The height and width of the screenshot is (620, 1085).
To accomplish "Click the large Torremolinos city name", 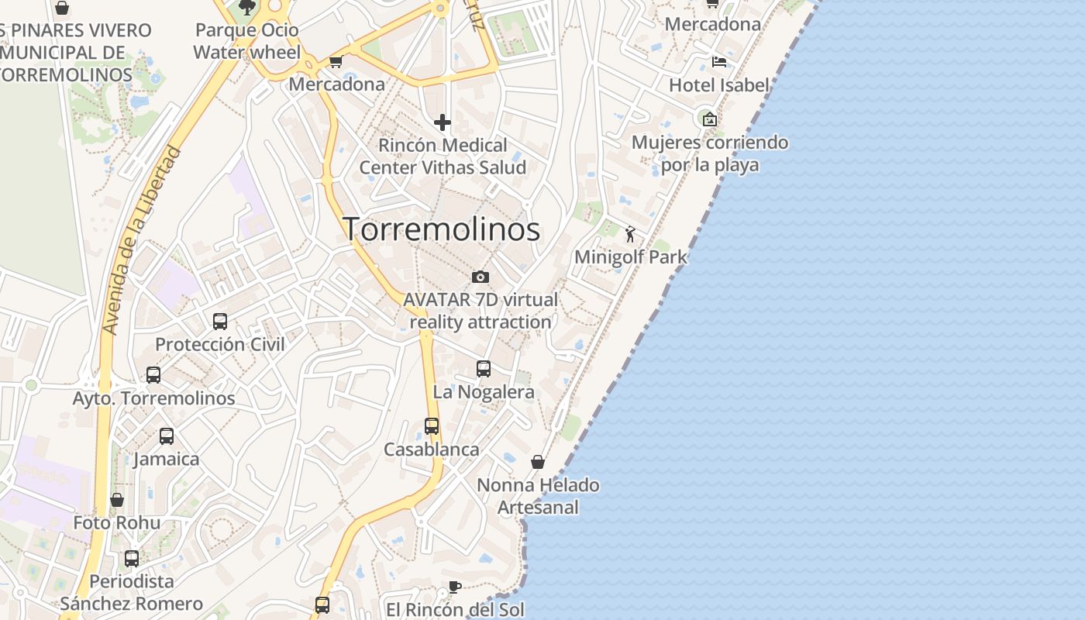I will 441,229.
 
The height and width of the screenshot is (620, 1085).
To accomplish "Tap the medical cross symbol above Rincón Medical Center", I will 443,122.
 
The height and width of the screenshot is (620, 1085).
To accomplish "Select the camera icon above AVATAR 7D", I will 480,277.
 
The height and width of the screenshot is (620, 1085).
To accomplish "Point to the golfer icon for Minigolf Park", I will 630,234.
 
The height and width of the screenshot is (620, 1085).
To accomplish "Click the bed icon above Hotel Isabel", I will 719,62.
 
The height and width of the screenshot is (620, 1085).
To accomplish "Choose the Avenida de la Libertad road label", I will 142,241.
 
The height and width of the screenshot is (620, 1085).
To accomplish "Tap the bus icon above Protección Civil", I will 220,321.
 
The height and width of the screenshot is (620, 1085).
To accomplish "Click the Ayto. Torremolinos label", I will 153,398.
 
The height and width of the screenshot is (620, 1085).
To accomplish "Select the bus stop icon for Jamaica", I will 167,436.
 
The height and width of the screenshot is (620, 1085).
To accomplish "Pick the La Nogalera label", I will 484,392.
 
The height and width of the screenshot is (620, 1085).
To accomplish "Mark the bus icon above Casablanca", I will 432,426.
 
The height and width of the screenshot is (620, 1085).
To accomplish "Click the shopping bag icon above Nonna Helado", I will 538,463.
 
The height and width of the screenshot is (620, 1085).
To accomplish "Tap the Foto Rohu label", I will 117,523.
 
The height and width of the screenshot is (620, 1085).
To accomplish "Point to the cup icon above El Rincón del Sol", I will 455,587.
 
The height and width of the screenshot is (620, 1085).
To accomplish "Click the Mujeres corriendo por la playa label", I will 710,153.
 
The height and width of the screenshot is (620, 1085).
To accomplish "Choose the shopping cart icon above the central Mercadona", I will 336,62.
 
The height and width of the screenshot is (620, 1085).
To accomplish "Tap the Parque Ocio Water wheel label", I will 247,41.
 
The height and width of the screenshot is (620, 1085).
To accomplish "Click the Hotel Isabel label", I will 719,85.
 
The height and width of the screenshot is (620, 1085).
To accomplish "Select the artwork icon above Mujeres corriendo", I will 709,119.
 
